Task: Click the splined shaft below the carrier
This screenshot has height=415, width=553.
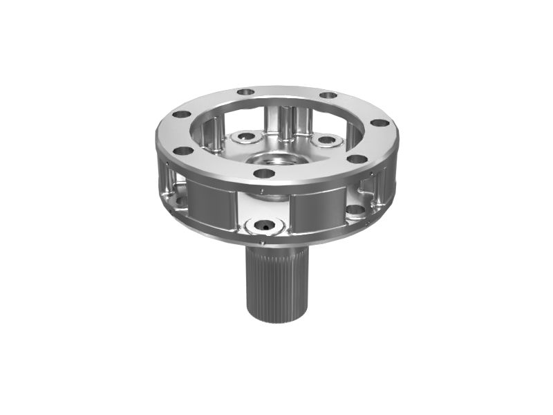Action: click(276, 284)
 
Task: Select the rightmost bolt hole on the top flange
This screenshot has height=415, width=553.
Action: click(379, 123)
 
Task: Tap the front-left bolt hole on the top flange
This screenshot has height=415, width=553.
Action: click(183, 150)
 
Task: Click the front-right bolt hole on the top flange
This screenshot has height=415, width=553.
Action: click(357, 158)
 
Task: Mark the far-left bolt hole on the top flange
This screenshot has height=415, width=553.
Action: click(180, 115)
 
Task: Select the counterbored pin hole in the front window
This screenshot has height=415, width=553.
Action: click(265, 225)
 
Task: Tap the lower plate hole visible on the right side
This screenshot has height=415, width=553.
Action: click(355, 210)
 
